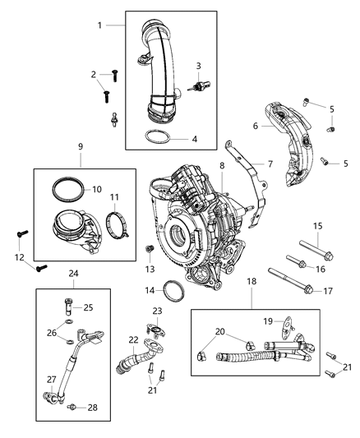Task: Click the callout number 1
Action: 100,26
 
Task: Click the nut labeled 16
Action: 301,265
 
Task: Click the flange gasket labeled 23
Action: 155,330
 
